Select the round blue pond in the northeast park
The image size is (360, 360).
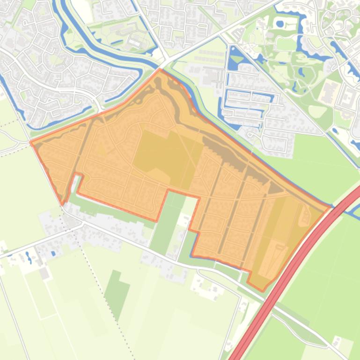(x=279, y=22)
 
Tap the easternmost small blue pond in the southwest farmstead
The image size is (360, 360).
(x=52, y=253)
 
